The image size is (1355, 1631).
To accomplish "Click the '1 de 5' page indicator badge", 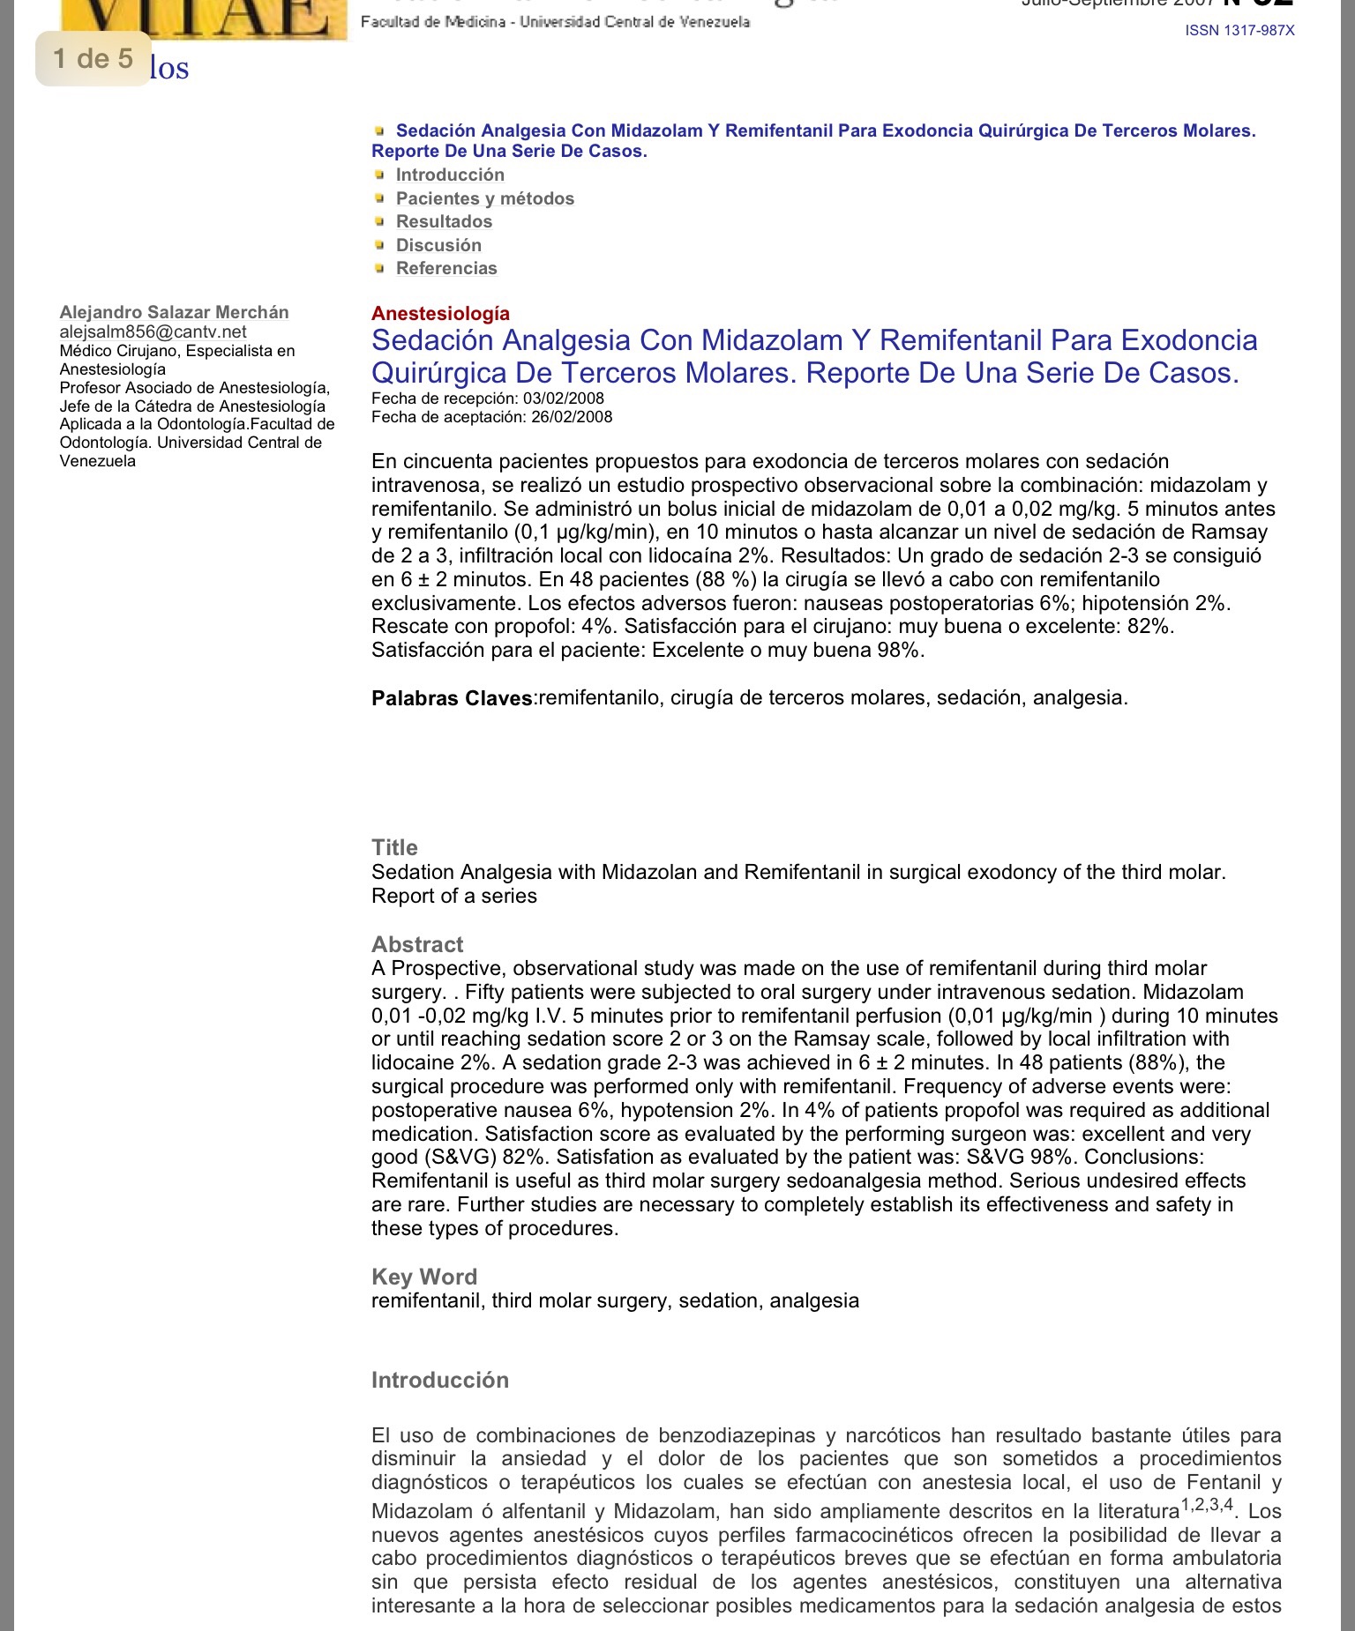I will click(93, 59).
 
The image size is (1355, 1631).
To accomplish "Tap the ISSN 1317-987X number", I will click(1239, 31).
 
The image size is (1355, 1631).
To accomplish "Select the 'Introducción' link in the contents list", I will click(450, 175).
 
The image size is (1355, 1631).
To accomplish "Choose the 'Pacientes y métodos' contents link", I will click(484, 198).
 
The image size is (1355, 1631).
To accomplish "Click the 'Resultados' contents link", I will click(444, 221).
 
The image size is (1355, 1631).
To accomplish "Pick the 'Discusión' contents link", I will click(438, 245).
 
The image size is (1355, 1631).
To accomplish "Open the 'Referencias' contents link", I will click(446, 268).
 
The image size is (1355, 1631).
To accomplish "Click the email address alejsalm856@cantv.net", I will click(153, 331).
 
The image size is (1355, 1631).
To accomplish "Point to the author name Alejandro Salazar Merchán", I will click(174, 312).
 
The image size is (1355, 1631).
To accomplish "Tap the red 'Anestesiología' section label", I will click(440, 313).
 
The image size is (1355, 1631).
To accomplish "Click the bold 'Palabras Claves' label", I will click(453, 698).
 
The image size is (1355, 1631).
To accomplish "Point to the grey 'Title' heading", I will click(394, 847).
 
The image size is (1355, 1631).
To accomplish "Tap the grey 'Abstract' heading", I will click(417, 944).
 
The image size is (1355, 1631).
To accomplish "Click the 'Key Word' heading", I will click(424, 1277).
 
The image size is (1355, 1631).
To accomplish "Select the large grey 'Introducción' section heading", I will click(440, 1380).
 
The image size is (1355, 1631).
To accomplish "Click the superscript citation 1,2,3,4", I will click(1207, 1505).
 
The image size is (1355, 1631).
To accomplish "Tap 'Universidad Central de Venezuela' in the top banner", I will click(634, 21).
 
